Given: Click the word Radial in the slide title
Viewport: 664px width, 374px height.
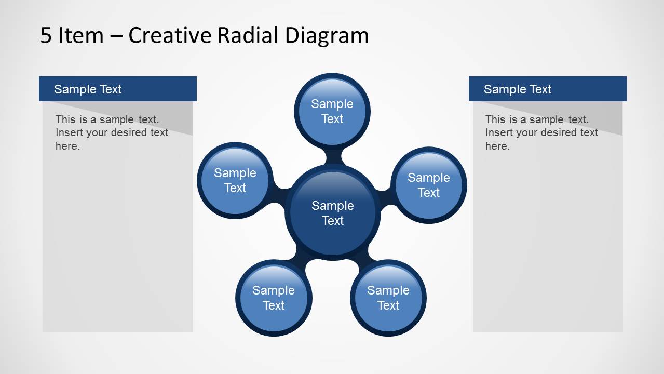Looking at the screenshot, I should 248,35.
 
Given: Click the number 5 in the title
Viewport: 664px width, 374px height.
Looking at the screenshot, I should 46,35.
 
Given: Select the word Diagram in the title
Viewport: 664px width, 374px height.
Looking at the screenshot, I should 327,35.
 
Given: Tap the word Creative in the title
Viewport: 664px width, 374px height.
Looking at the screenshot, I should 170,35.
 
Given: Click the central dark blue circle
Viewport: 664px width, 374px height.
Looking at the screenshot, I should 332,212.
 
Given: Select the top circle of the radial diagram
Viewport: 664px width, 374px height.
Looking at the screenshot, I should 332,111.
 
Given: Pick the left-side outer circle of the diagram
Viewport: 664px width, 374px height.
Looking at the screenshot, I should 235,180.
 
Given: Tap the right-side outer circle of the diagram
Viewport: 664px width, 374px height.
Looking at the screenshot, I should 428,185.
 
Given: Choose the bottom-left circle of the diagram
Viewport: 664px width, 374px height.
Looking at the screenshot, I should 273,298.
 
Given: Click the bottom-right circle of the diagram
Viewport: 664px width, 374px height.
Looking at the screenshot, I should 388,298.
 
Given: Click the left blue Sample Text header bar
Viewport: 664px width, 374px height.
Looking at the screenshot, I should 117,89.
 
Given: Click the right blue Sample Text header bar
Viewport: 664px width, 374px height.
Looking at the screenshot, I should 547,89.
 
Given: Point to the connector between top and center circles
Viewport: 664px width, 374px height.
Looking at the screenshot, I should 332,156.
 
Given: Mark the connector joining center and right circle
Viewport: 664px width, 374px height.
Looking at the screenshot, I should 384,197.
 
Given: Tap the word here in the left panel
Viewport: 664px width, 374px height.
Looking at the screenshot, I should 67,146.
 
